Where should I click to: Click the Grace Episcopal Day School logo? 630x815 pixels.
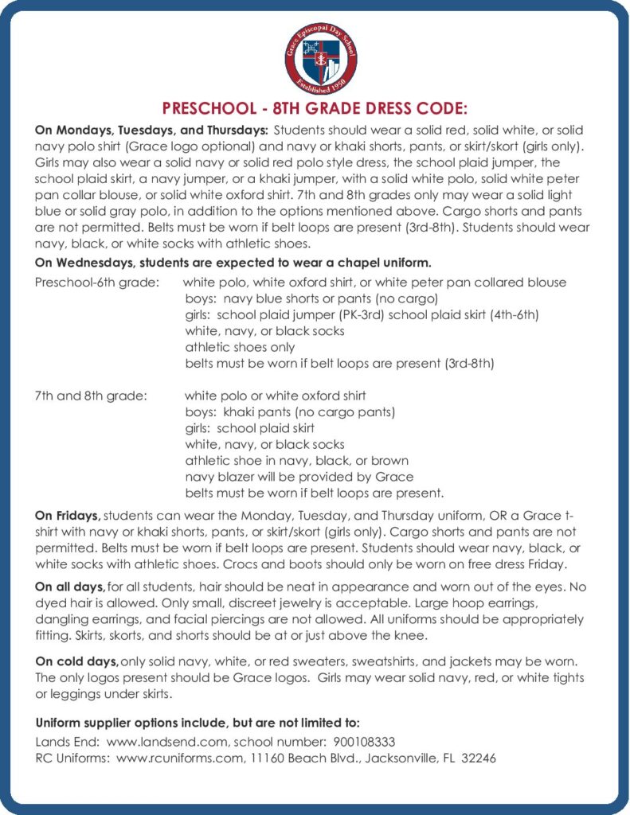click(x=320, y=58)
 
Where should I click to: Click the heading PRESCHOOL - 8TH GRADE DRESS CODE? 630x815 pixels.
click(x=315, y=108)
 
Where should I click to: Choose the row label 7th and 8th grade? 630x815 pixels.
click(x=91, y=396)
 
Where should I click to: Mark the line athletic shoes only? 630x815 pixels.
click(x=240, y=347)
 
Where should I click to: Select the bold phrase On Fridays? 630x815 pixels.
click(x=68, y=515)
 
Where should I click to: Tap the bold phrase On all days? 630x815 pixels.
click(x=70, y=587)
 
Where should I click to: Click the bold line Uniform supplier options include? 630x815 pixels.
click(x=198, y=723)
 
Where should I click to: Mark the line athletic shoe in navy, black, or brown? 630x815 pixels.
click(x=296, y=461)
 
